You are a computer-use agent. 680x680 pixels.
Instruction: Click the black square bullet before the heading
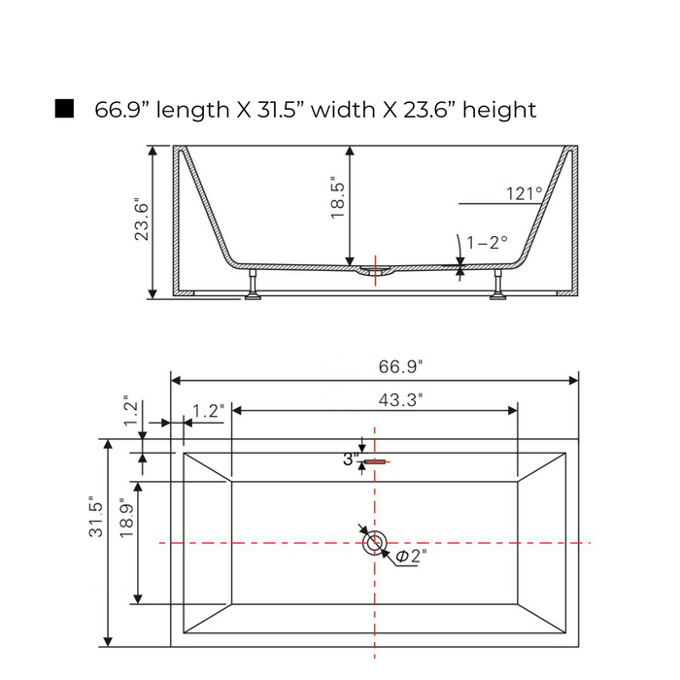pos(64,109)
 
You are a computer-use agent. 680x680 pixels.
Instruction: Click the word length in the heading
pos(192,110)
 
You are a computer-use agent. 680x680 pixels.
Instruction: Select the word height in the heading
pos(499,110)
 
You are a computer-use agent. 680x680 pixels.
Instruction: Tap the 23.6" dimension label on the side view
pos(142,219)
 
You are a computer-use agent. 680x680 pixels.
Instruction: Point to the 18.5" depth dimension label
pos(337,197)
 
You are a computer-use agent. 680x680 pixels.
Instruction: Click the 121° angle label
pos(525,193)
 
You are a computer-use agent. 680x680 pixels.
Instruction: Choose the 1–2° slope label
pos(487,242)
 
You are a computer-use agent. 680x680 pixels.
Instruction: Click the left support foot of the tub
pos(253,285)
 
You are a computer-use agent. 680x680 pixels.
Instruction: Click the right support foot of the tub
pos(497,285)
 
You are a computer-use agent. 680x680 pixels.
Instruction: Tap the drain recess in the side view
pos(376,271)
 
